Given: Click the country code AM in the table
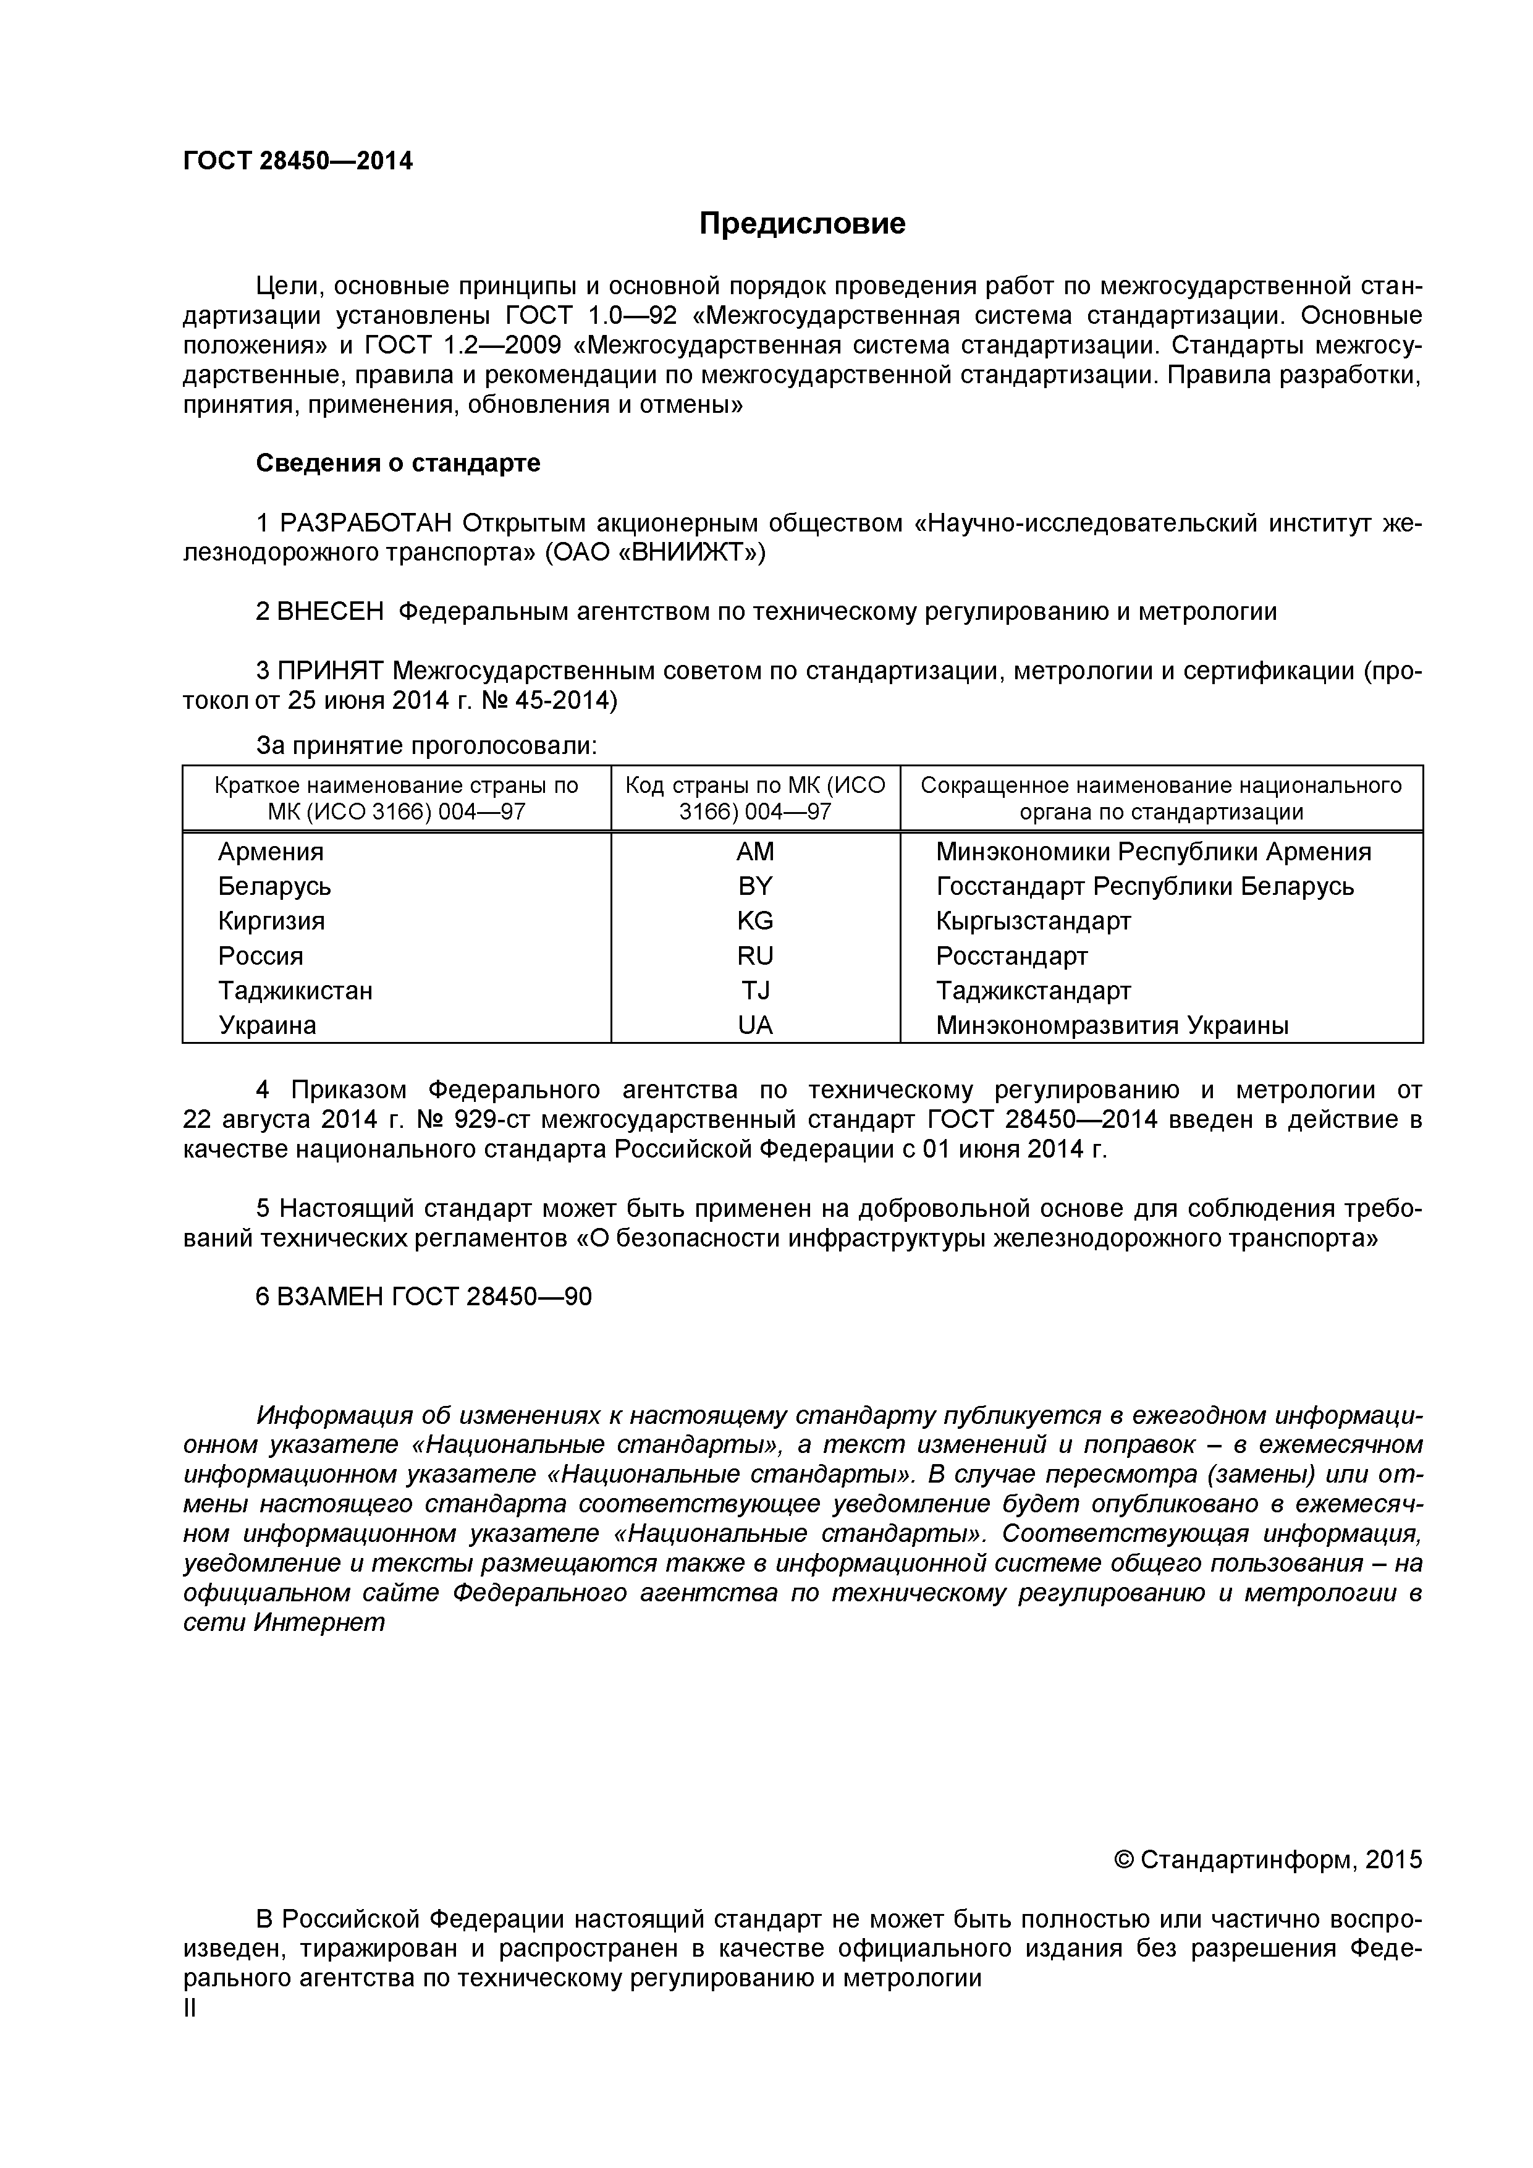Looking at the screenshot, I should [x=755, y=852].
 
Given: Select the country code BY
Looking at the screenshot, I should [x=755, y=887].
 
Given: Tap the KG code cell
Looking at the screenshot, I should [x=755, y=921].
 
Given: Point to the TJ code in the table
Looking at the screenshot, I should [x=755, y=991].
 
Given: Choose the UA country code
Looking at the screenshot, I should [x=755, y=1025].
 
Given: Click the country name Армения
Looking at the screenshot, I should [x=271, y=852].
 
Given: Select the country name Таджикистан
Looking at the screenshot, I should [x=295, y=991].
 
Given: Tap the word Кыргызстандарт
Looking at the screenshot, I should [x=1034, y=921].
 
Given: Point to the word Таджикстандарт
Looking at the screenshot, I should [x=1034, y=991].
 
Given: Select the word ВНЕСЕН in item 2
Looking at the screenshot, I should [x=331, y=612].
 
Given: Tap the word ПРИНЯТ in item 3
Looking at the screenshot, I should [x=331, y=671].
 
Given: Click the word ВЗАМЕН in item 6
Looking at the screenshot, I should [x=331, y=1297].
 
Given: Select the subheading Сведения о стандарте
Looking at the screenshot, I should [x=399, y=464].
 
